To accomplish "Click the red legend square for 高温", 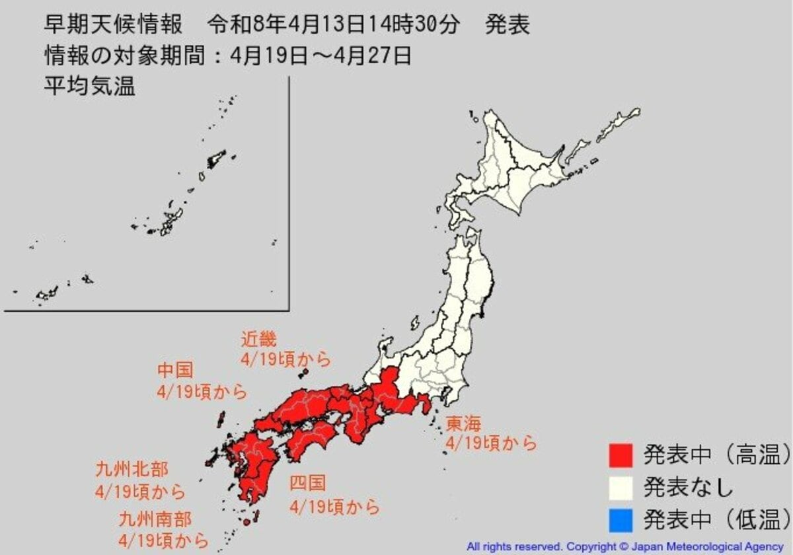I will click(621, 455).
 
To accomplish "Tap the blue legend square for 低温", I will click(621, 519).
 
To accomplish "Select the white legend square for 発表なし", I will click(621, 488).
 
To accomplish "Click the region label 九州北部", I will click(132, 470).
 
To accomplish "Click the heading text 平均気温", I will click(89, 86).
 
